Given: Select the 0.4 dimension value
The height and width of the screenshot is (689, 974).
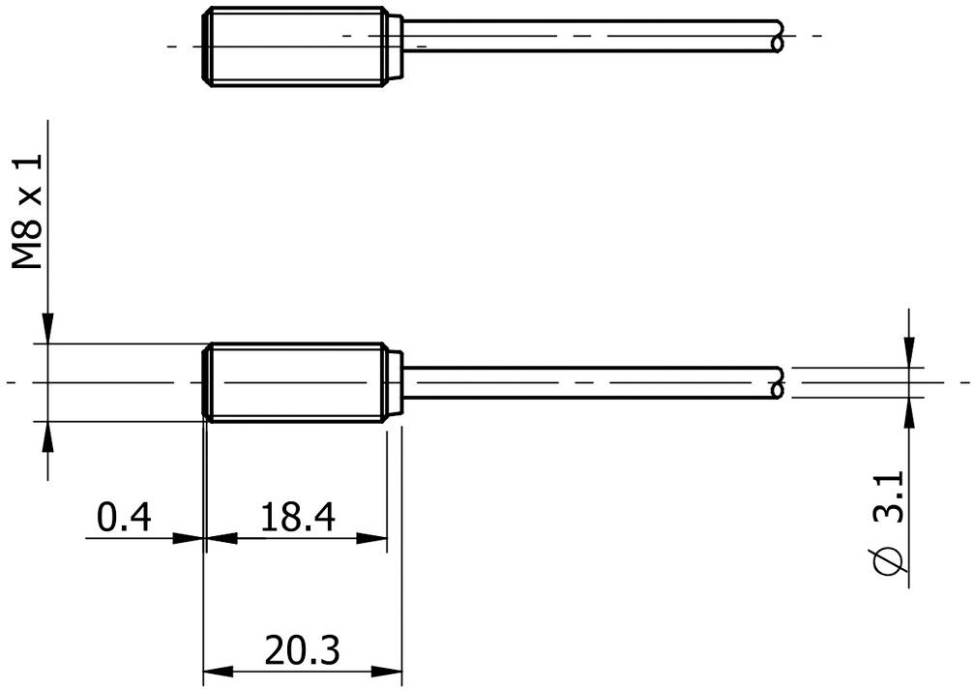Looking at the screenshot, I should coord(125,519).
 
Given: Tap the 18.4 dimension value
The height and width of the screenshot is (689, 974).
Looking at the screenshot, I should coord(297,519).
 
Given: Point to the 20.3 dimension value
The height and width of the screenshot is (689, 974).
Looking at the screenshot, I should coord(301,650).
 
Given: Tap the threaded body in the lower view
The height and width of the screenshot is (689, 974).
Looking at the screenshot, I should coord(295,382).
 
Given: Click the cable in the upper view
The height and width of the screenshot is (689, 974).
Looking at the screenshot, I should coord(590,35).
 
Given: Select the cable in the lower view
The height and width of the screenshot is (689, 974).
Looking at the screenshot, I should coord(590,383).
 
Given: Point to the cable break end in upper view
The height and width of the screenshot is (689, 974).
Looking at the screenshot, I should coord(780,35).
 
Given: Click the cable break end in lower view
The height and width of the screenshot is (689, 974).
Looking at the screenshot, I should coord(780,383).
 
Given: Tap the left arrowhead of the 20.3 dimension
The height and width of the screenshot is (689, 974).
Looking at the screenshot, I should coord(216,671).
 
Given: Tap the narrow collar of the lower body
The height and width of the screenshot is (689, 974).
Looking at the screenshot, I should coord(395,382).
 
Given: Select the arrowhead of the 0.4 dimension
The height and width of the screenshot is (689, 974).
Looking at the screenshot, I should coord(192,539).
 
